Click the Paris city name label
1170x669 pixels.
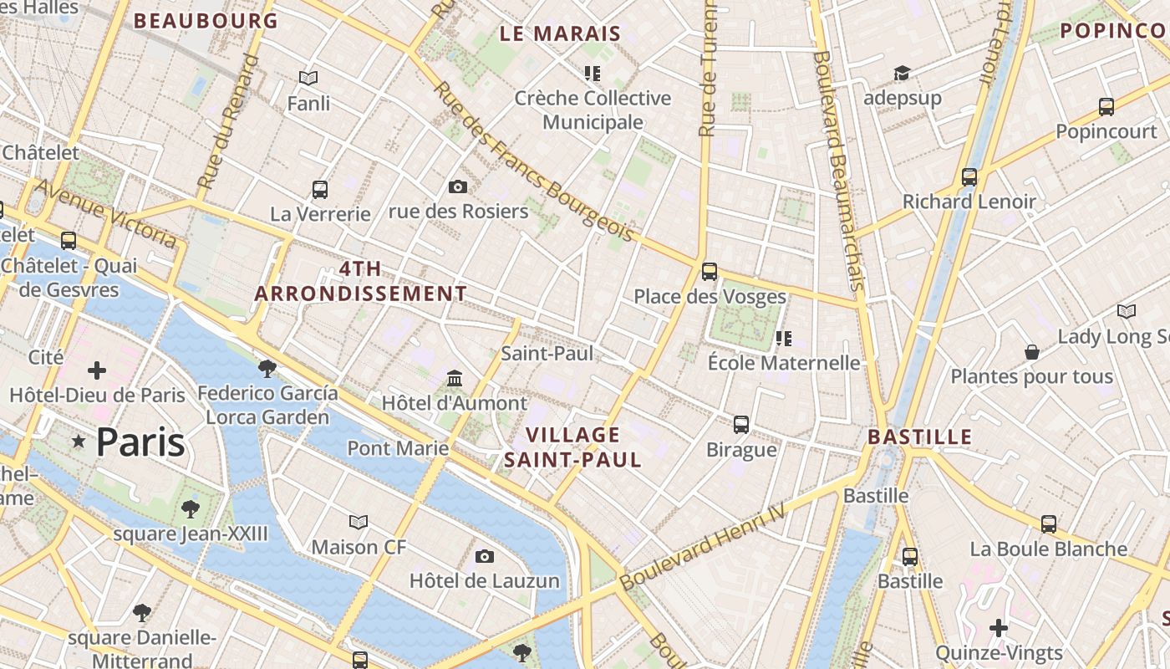pyautogui.click(x=140, y=442)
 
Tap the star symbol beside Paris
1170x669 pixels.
pyautogui.click(x=79, y=441)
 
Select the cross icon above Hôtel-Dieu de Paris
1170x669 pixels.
pyautogui.click(x=97, y=370)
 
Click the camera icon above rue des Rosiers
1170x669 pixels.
pyautogui.click(x=458, y=186)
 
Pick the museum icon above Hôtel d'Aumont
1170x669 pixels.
pyautogui.click(x=455, y=378)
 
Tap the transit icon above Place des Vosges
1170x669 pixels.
pyautogui.click(x=710, y=271)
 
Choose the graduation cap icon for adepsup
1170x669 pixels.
pyautogui.click(x=902, y=74)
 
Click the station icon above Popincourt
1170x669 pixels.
pyautogui.click(x=1106, y=107)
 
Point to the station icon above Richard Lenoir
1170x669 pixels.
pyautogui.click(x=969, y=177)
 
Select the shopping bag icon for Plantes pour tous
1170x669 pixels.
pyautogui.click(x=1032, y=352)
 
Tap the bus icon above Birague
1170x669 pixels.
pyautogui.click(x=741, y=425)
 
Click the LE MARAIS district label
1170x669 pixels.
pyautogui.click(x=561, y=34)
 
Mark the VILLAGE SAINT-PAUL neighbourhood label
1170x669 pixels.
pyautogui.click(x=573, y=447)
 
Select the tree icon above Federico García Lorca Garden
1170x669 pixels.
pyautogui.click(x=267, y=368)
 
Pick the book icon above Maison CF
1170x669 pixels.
pyautogui.click(x=359, y=523)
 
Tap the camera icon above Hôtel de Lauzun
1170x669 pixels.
pyautogui.click(x=485, y=556)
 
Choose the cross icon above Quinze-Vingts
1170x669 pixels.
pyautogui.click(x=999, y=627)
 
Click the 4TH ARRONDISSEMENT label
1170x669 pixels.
pyautogui.click(x=361, y=282)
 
